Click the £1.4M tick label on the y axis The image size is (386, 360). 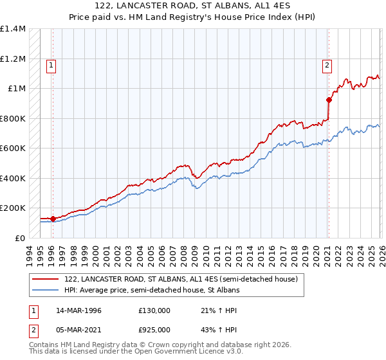pyautogui.click(x=13, y=29)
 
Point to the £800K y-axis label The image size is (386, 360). pyautogui.click(x=13, y=118)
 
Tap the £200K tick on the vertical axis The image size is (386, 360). pyautogui.click(x=13, y=208)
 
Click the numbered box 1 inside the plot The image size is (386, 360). pyautogui.click(x=50, y=64)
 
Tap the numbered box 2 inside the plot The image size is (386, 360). pyautogui.click(x=327, y=64)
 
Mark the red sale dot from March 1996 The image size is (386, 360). pyautogui.click(x=53, y=219)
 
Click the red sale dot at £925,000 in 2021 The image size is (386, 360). pyautogui.click(x=329, y=100)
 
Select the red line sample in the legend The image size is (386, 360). pyautogui.click(x=45, y=280)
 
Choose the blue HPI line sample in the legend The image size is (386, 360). pyautogui.click(x=45, y=291)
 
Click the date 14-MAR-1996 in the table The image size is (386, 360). pyautogui.click(x=78, y=310)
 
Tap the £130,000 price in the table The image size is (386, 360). pyautogui.click(x=154, y=310)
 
